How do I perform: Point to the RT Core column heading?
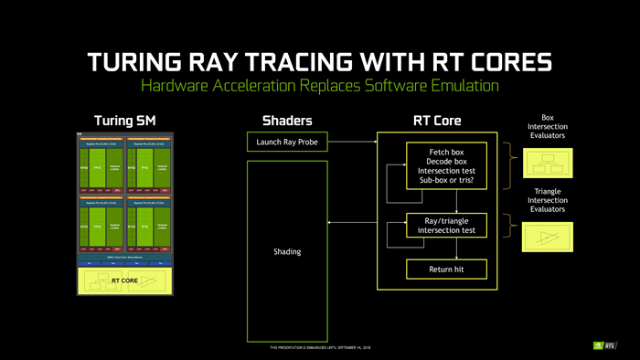coord(437,121)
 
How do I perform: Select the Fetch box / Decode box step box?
coord(445,164)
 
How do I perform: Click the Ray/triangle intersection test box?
coord(445,225)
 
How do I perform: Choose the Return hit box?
coord(445,270)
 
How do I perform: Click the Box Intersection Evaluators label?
coord(547,126)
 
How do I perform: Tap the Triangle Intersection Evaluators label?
coord(547,200)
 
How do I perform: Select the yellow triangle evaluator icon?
coord(547,238)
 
